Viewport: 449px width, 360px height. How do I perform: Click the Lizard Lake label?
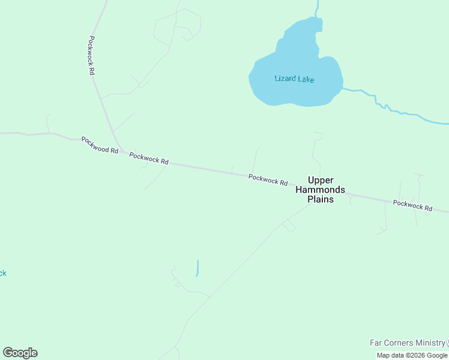pyautogui.click(x=294, y=79)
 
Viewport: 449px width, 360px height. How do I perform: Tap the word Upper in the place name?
pyautogui.click(x=320, y=179)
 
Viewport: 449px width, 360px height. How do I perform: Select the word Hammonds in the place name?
pyautogui.click(x=320, y=190)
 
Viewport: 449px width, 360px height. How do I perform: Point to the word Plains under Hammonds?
pyautogui.click(x=320, y=199)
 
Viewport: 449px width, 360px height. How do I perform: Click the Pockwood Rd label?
pyautogui.click(x=100, y=145)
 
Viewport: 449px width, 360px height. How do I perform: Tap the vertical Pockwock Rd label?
pyautogui.click(x=91, y=55)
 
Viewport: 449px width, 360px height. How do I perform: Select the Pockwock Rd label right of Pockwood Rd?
pyautogui.click(x=149, y=158)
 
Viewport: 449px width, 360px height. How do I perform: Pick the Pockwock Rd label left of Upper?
pyautogui.click(x=268, y=179)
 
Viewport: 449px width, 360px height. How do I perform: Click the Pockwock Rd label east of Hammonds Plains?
pyautogui.click(x=412, y=205)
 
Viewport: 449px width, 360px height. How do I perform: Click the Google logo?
pyautogui.click(x=20, y=353)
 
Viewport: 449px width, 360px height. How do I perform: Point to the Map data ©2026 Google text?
pyautogui.click(x=412, y=355)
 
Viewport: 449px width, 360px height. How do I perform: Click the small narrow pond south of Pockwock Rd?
pyautogui.click(x=197, y=268)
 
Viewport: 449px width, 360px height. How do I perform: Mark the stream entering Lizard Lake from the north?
pyautogui.click(x=316, y=9)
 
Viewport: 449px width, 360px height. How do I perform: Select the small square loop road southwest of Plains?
pyautogui.click(x=289, y=226)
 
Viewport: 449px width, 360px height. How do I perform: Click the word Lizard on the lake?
pyautogui.click(x=285, y=79)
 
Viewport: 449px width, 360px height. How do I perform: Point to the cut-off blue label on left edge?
pyautogui.click(x=2, y=273)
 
